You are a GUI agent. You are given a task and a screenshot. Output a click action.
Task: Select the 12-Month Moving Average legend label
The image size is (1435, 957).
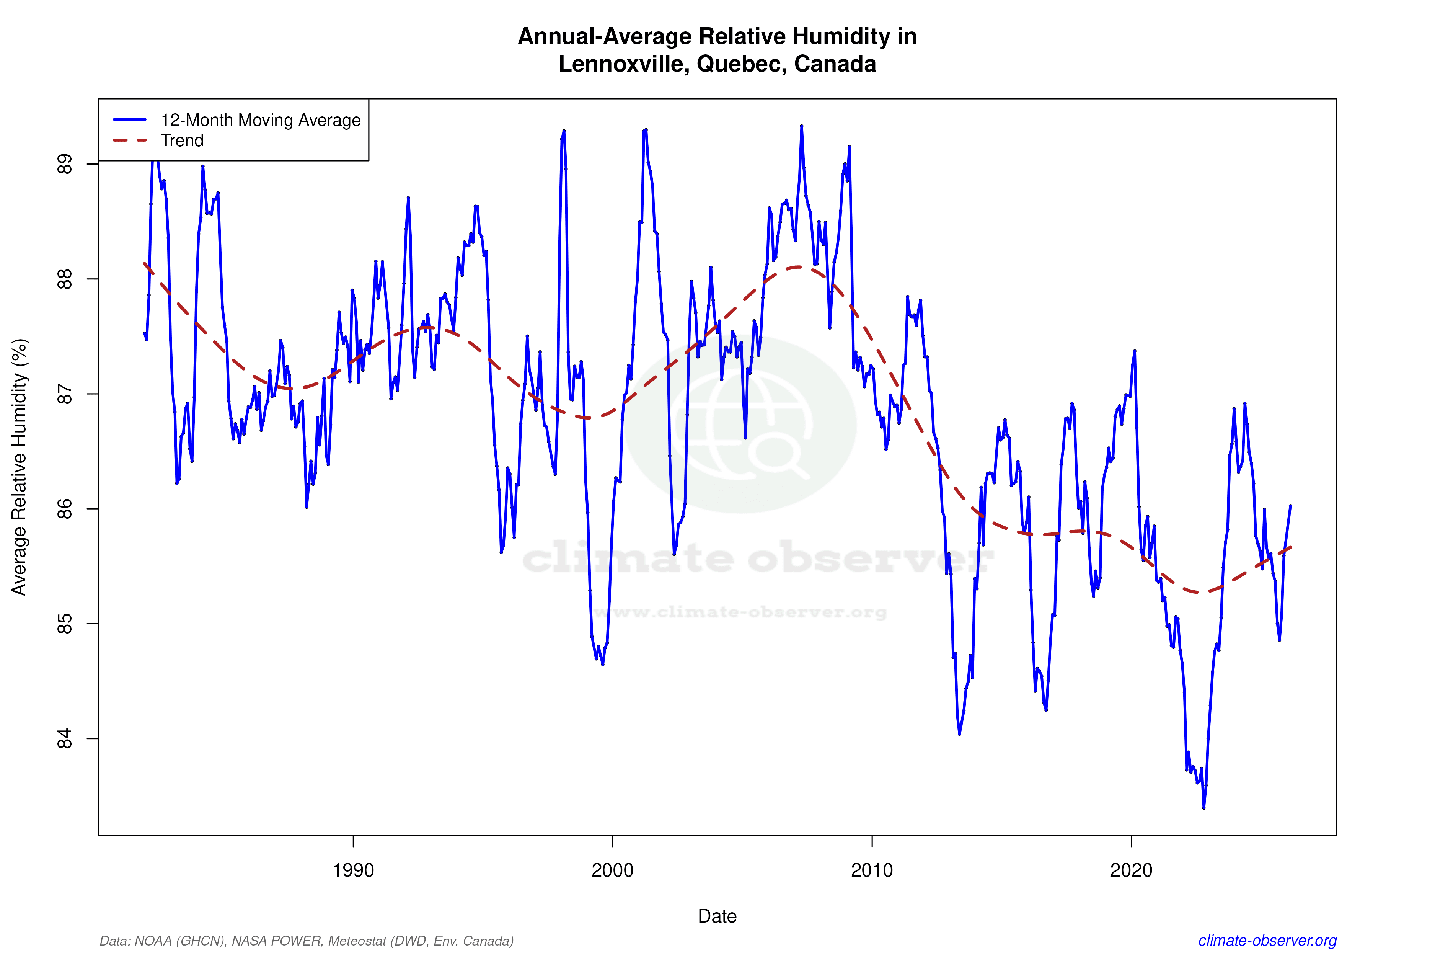pos(261,120)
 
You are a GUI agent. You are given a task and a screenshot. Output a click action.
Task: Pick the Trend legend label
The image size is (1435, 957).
pos(182,140)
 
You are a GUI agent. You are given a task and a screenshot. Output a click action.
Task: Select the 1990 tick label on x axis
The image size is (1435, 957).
pos(353,870)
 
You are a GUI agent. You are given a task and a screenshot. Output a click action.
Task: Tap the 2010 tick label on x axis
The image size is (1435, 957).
pos(872,870)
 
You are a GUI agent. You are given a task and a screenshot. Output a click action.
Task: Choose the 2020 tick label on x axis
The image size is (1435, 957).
pos(1131,870)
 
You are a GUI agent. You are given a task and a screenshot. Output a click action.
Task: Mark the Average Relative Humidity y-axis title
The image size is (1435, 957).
pos(20,467)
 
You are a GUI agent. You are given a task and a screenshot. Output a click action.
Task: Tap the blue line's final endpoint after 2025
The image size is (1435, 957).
pos(1290,506)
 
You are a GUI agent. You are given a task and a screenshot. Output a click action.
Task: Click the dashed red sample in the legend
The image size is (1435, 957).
pos(130,140)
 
